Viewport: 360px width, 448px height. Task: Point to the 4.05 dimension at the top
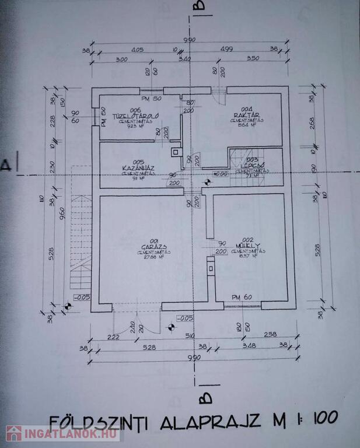coord(138,50)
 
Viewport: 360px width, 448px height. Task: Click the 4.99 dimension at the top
coord(242,50)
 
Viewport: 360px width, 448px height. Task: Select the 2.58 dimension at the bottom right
coord(270,334)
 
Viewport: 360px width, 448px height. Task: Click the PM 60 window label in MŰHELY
coord(242,297)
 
